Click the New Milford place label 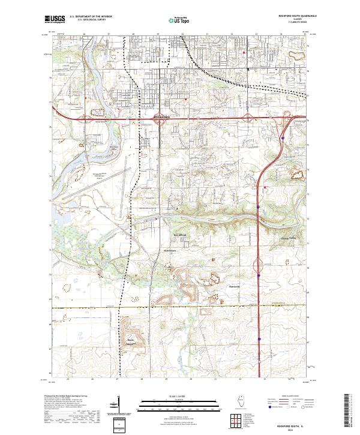point(181,235)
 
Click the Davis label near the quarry point(129,340)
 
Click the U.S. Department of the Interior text point(91,17)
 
